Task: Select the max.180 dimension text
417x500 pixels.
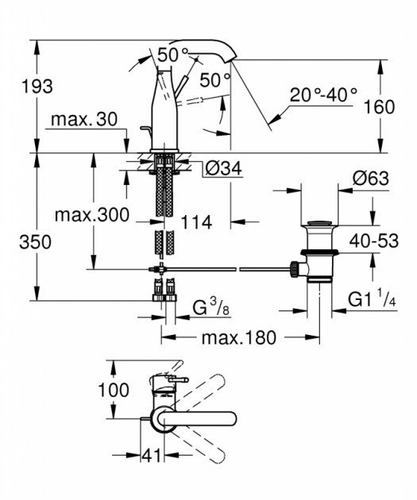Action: point(238,338)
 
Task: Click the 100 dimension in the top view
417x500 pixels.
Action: point(91,391)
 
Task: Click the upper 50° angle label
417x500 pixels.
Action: point(167,56)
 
